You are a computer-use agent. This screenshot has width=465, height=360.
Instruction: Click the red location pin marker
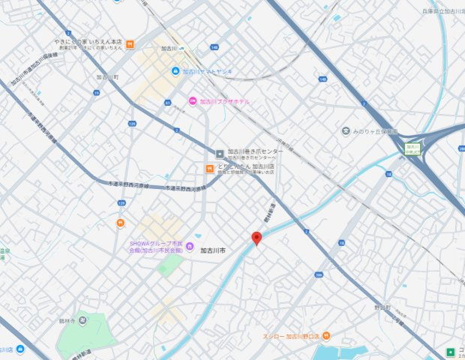coord(256,238)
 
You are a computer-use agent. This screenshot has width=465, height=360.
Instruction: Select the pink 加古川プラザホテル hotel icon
coord(193,101)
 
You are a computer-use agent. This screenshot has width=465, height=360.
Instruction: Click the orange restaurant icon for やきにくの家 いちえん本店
coord(130,43)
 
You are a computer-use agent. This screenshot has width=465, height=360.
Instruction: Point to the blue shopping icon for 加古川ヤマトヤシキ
coord(175,71)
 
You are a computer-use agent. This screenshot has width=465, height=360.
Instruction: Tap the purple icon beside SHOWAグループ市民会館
coord(190,246)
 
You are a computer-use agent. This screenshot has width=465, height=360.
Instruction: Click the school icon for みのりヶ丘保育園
coord(346,131)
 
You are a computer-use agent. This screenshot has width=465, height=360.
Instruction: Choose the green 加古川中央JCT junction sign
coord(412,148)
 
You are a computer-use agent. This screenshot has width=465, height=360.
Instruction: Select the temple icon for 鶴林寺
coord(82,320)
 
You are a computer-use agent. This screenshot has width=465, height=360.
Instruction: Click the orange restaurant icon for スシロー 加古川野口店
coord(257,337)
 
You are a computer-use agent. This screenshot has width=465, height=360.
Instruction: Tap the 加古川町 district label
coord(108,77)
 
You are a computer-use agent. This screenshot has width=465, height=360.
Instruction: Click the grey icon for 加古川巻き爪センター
coord(220,152)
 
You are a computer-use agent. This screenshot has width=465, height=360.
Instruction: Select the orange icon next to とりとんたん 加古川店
coord(211,166)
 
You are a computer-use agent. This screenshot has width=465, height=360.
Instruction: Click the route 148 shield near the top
coord(215,47)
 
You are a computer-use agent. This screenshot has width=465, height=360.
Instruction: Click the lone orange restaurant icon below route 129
coord(120,223)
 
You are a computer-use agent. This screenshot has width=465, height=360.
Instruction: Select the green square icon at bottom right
coord(450,351)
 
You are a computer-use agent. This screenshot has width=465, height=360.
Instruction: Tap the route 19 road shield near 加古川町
coord(96,92)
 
